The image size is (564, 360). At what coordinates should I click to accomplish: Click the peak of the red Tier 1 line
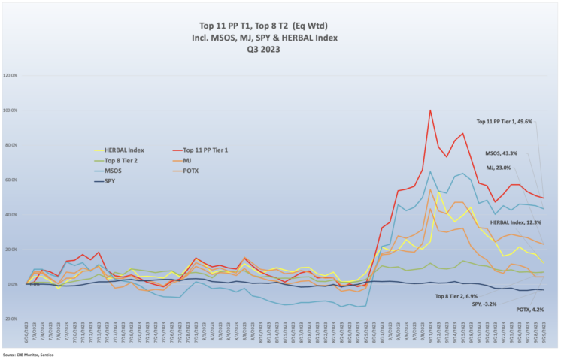[430, 110]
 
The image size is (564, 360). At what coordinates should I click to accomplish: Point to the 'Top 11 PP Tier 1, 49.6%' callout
[504, 121]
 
